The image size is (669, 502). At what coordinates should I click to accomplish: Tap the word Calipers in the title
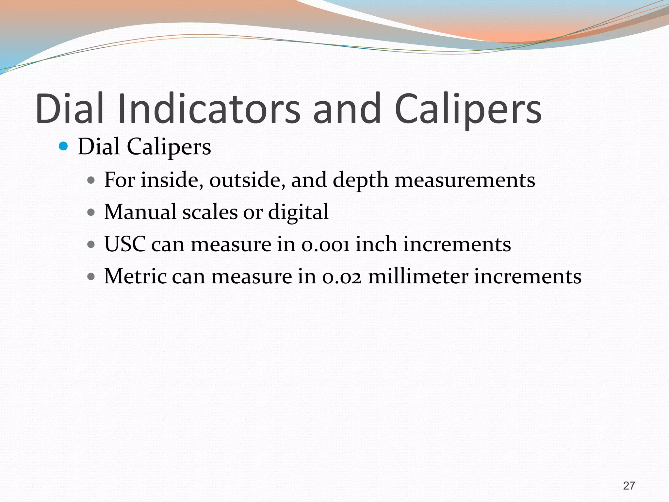tap(468, 109)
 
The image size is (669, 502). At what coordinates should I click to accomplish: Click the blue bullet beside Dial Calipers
tap(63, 146)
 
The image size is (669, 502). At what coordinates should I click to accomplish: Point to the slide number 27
tap(629, 486)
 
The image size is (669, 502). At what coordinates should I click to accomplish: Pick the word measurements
tap(465, 180)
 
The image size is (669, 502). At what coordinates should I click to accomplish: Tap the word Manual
tap(140, 212)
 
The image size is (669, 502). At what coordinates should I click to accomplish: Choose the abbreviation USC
tap(125, 244)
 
